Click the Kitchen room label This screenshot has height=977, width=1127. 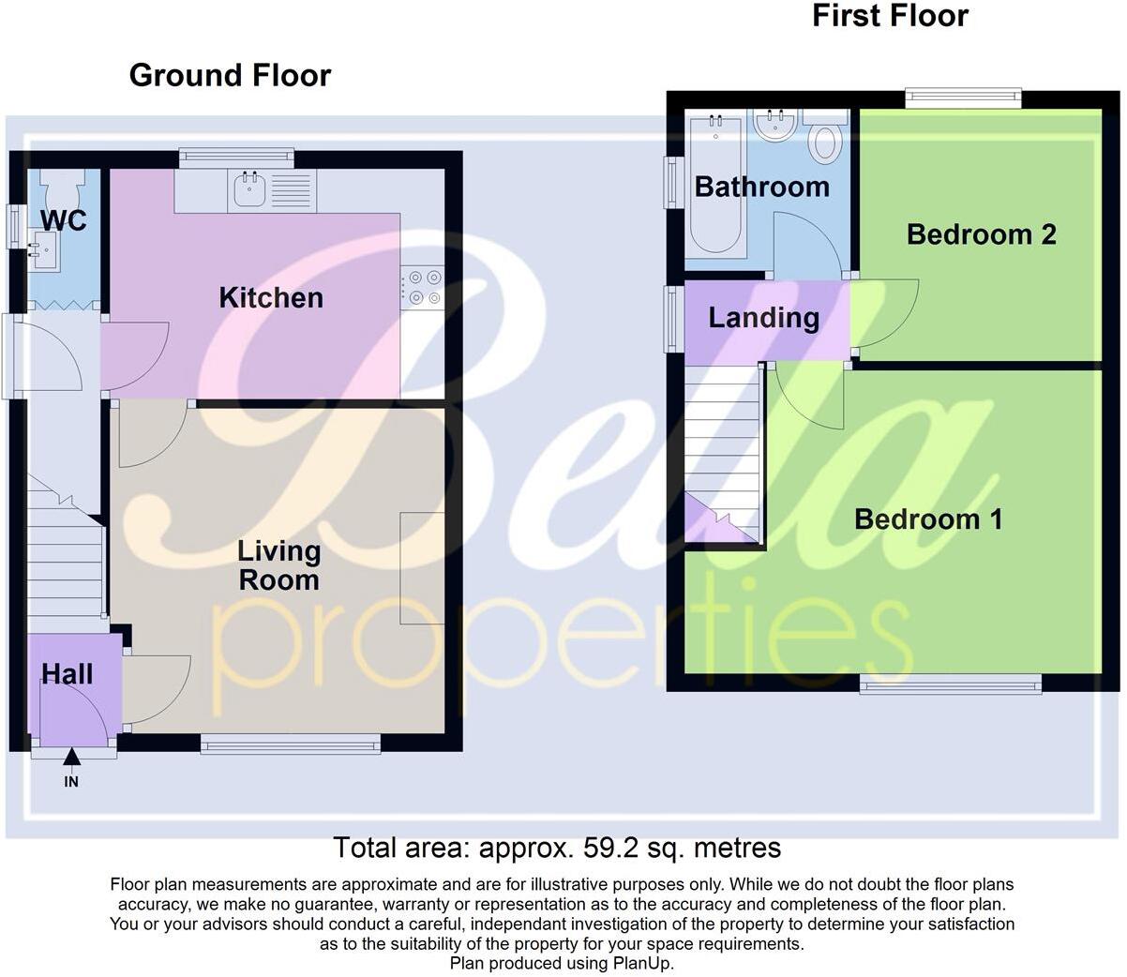(x=271, y=298)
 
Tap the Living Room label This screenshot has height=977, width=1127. (x=278, y=565)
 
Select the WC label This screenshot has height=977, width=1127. (x=64, y=220)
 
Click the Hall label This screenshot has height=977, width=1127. (x=67, y=674)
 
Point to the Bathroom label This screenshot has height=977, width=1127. (x=761, y=187)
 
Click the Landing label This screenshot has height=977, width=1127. (x=763, y=318)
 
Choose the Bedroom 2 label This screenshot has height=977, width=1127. (x=981, y=233)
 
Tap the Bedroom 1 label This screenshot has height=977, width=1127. (x=927, y=519)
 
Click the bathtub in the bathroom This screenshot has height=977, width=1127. (x=715, y=184)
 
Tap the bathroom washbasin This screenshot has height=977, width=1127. (x=774, y=126)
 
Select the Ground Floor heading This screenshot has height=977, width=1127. (x=230, y=75)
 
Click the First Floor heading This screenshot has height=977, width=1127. (x=890, y=16)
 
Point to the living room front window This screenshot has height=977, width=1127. (x=291, y=744)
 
